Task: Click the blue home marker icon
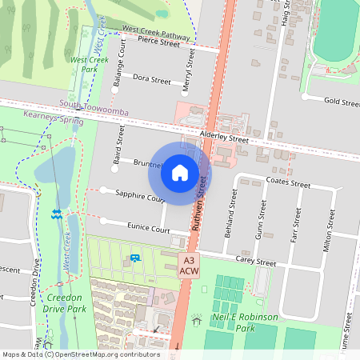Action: pyautogui.click(x=180, y=172)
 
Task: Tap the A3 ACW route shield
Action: pyautogui.click(x=189, y=266)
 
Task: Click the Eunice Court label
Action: pyautogui.click(x=148, y=230)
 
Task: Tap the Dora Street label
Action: pyautogui.click(x=151, y=80)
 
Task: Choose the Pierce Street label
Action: pyautogui.click(x=158, y=42)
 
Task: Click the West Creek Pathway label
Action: pyautogui.click(x=155, y=32)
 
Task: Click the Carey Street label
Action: pyautogui.click(x=254, y=261)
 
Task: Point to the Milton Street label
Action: pyautogui.click(x=325, y=231)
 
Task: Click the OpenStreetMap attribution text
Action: pyautogui.click(x=80, y=354)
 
